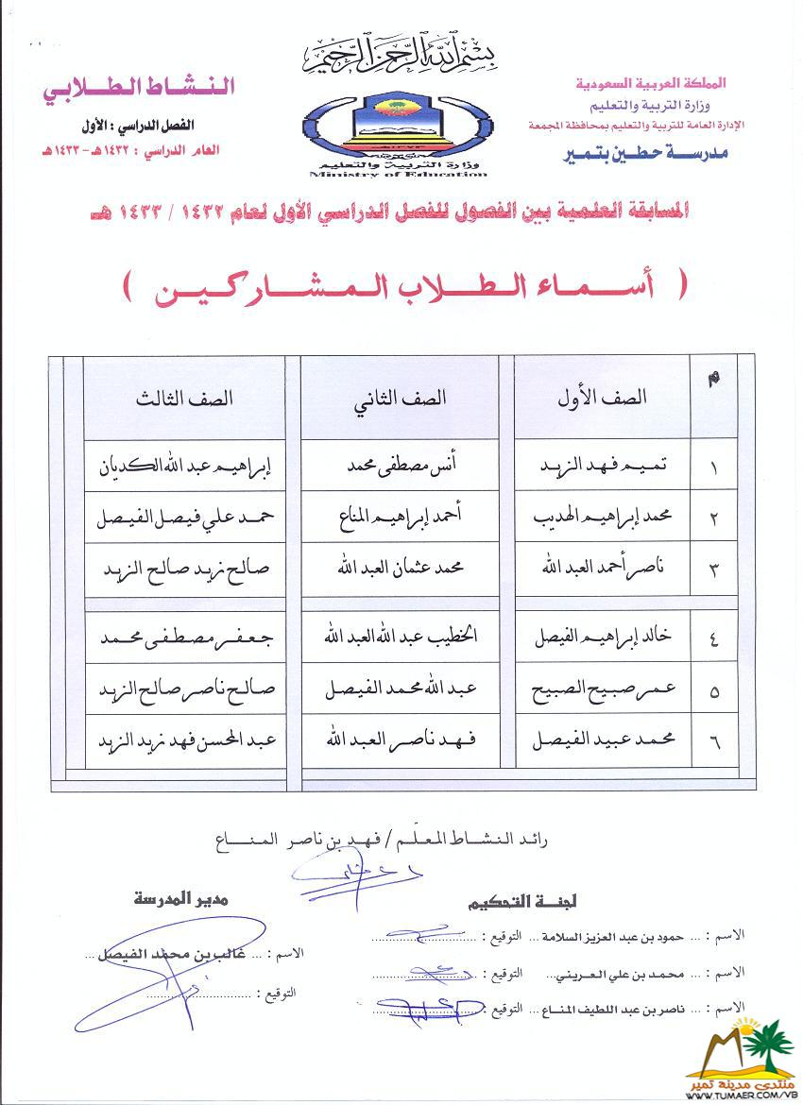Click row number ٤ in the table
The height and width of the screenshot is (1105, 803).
tap(714, 640)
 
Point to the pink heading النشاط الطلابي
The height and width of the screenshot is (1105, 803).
tap(139, 87)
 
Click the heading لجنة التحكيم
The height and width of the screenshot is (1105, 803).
tap(510, 904)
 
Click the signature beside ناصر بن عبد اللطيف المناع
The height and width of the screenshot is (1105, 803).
tap(430, 1009)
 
